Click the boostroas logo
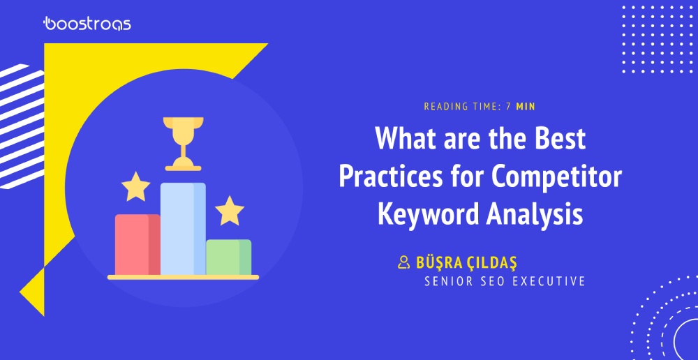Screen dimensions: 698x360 click(87, 23)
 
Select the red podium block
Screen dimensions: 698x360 click(138, 245)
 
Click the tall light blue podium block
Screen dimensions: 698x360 click(183, 229)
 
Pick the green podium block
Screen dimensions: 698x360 click(229, 257)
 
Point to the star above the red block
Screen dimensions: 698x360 click(136, 186)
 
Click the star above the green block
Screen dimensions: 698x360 click(230, 211)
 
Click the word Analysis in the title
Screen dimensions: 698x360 click(534, 214)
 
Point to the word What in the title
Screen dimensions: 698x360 click(403, 138)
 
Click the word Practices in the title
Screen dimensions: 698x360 click(390, 177)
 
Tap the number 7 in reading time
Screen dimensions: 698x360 click(508, 107)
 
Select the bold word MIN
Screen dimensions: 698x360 click(526, 107)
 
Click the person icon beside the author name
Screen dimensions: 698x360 click(403, 262)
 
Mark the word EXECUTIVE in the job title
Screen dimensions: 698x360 click(549, 282)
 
